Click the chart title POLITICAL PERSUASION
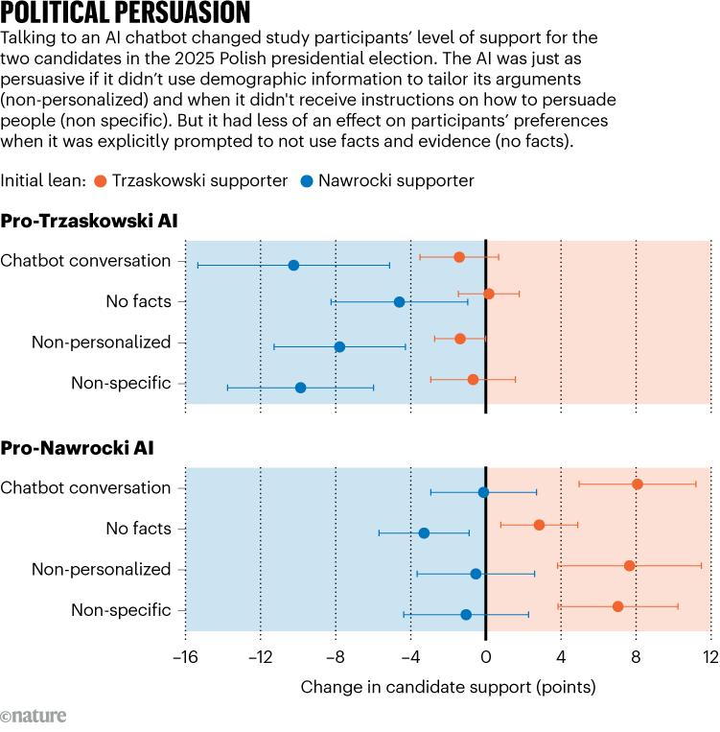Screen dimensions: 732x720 [126, 13]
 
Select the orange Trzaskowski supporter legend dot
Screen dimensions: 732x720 [101, 180]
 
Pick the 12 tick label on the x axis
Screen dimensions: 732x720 [710, 658]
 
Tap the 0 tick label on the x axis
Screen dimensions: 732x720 [486, 658]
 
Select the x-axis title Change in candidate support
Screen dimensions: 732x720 [448, 687]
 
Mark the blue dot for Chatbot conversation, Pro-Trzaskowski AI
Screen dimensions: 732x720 [293, 265]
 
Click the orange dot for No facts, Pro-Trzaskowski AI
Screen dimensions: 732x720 [489, 294]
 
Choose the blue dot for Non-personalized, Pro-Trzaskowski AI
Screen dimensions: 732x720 [339, 346]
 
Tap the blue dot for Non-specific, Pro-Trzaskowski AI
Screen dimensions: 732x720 [300, 388]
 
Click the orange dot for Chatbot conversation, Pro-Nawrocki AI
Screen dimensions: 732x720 [638, 484]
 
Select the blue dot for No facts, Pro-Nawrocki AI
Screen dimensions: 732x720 [424, 532]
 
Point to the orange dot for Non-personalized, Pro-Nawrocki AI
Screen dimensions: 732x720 [629, 565]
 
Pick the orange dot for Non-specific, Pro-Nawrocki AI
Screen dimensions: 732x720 [617, 606]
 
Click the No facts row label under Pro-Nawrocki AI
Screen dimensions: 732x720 [138, 529]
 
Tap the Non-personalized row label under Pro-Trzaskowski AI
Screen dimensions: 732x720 [101, 342]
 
